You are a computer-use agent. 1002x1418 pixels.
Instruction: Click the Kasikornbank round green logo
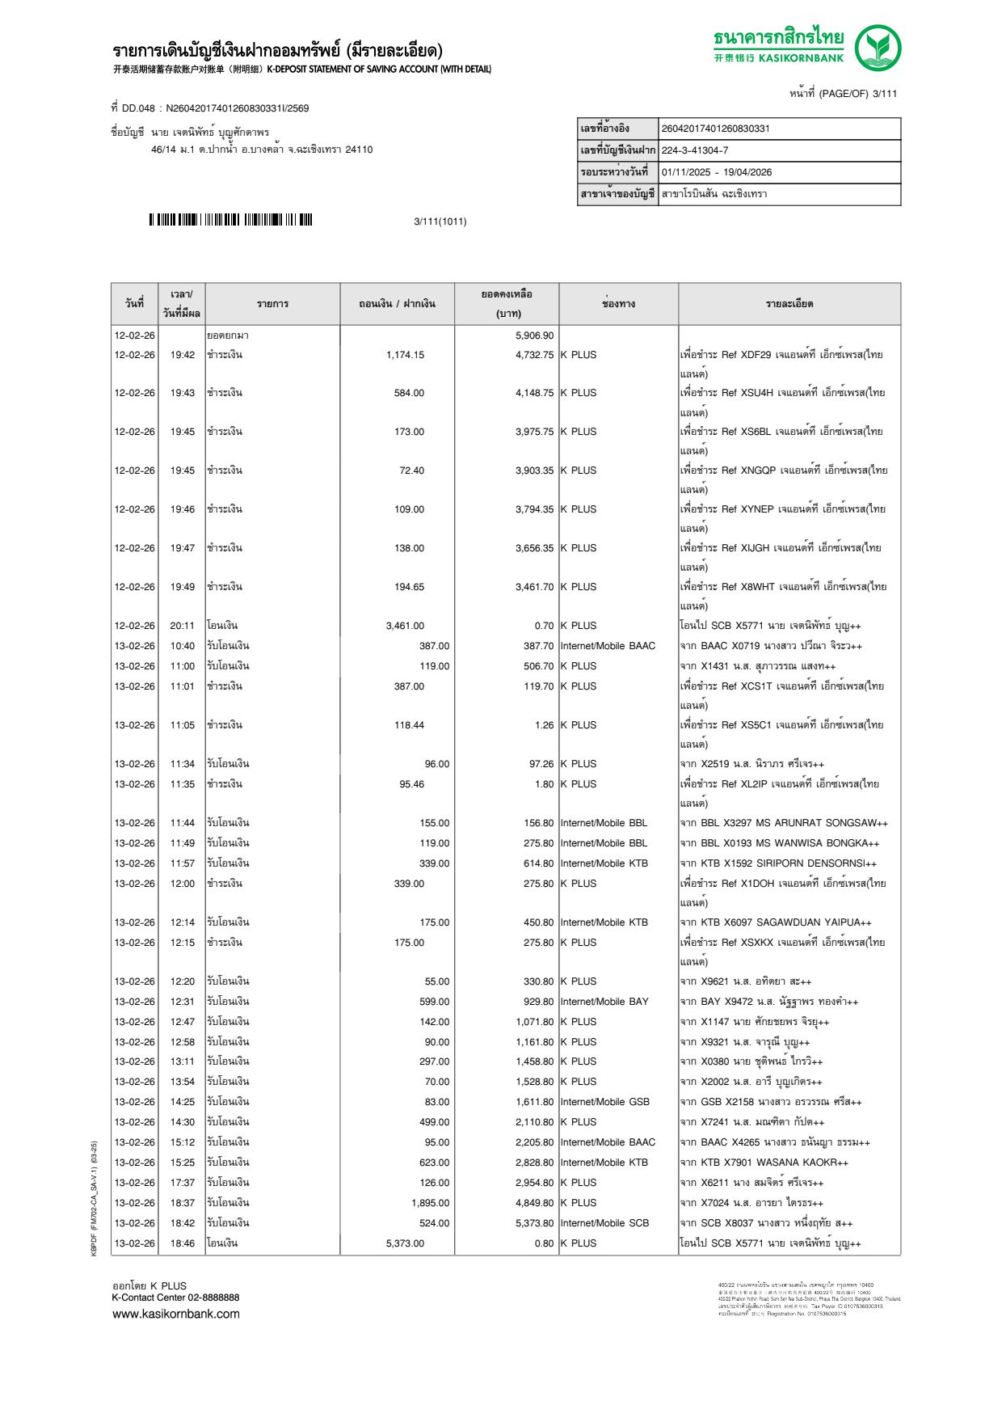coord(878,48)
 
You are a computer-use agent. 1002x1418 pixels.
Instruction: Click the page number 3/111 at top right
coord(884,94)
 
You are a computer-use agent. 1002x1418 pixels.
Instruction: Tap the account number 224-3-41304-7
coord(695,150)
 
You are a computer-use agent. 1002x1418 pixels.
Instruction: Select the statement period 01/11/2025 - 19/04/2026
coord(717,172)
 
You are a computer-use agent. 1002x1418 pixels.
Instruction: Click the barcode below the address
coord(230,220)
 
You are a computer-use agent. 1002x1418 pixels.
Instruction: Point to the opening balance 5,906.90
coord(534,336)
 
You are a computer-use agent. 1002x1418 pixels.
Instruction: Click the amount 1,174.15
coord(405,355)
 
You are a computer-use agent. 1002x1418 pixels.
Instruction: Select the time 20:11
coord(182,626)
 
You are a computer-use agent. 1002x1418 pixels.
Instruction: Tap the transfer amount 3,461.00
coord(405,626)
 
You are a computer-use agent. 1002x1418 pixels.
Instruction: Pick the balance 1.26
coord(544,725)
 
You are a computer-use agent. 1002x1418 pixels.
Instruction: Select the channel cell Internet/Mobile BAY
coord(604,1002)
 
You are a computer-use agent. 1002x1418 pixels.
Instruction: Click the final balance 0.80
coord(544,1243)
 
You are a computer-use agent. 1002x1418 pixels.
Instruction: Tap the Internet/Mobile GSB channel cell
coord(604,1102)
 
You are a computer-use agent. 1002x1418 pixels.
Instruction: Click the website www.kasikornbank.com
coord(176,1314)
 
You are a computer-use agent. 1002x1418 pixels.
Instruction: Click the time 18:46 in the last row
coord(182,1243)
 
